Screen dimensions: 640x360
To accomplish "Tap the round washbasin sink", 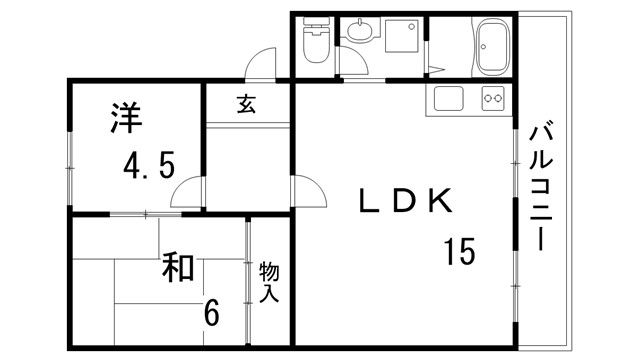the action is (358, 34).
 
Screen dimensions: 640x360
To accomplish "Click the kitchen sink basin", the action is (447, 99).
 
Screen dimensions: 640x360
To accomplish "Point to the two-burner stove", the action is (493, 99).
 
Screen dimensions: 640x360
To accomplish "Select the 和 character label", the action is (179, 268).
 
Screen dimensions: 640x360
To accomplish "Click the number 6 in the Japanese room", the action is (211, 313).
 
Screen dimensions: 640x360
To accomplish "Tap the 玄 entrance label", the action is (245, 103).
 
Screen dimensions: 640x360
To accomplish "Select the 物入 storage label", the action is (269, 283).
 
